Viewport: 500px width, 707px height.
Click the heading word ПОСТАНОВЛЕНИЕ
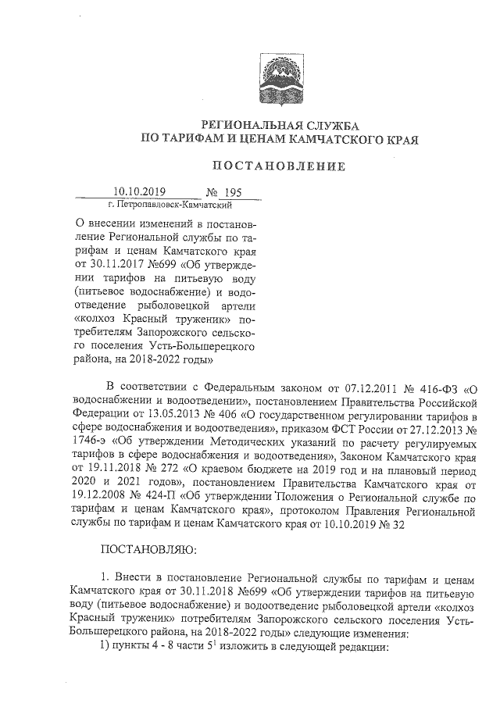pyautogui.click(x=279, y=166)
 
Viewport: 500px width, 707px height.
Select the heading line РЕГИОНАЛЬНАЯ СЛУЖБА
pyautogui.click(x=279, y=125)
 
